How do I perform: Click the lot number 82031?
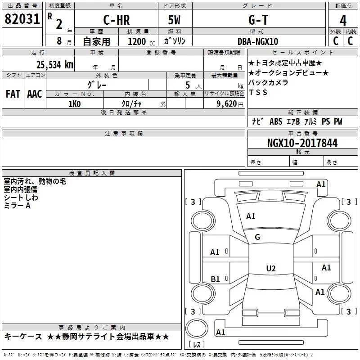point(22,20)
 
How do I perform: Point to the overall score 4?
point(343,20)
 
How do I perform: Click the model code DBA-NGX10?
point(257,41)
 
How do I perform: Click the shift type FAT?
point(13,94)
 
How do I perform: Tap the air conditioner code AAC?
point(35,94)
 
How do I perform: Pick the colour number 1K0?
point(74,104)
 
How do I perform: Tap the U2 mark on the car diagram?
point(270,269)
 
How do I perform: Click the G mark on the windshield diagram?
point(257,237)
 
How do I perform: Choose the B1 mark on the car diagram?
point(215,279)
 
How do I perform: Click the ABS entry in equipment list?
point(275,121)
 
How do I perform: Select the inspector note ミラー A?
point(17,205)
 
